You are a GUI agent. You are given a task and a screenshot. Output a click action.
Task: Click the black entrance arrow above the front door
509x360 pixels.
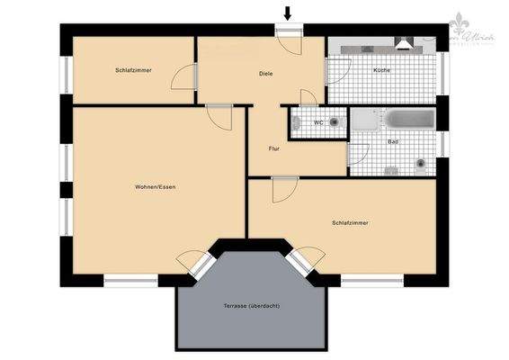coord(288,13)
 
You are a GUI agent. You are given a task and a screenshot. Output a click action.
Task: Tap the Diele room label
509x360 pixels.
coord(265,74)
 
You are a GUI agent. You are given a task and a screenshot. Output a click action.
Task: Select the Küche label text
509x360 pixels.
coord(382,70)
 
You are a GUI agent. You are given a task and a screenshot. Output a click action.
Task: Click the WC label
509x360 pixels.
coord(318,122)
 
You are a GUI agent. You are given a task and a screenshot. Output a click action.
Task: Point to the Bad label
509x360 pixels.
coord(393,142)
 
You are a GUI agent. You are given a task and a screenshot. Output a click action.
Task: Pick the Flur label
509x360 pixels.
coord(275,148)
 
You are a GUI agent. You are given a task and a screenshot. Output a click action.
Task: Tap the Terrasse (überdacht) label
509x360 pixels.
coord(252,306)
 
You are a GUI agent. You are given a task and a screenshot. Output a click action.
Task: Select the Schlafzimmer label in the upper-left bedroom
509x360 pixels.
coord(132,69)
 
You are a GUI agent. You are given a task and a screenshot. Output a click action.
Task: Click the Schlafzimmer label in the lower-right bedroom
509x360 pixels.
coord(350,222)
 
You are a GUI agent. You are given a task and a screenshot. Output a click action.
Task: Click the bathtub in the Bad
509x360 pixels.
coord(410,120)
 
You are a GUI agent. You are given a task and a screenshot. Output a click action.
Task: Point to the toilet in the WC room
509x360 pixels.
coord(335,121)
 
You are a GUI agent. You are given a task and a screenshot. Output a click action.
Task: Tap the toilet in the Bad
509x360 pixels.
coord(420,164)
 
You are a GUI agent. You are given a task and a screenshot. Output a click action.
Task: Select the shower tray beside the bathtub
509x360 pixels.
coord(364,120)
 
